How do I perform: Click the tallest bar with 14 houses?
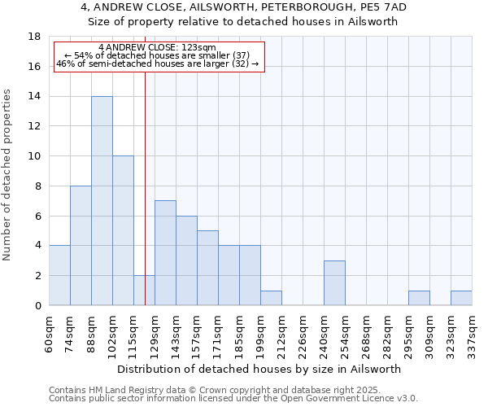[x=102, y=201]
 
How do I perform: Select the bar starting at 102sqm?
[x=123, y=230]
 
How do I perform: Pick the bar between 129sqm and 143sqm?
[x=165, y=253]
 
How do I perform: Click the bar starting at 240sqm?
[x=334, y=283]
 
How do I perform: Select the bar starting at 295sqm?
[x=419, y=298]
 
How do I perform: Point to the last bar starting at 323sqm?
[x=461, y=298]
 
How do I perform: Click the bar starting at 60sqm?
[x=59, y=275]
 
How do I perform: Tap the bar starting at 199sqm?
[x=271, y=298]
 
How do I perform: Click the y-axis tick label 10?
[x=34, y=156]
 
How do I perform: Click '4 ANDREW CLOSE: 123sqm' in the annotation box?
[x=156, y=48]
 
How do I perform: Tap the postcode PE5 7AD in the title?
[x=386, y=7]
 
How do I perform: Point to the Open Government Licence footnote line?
[x=233, y=399]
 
